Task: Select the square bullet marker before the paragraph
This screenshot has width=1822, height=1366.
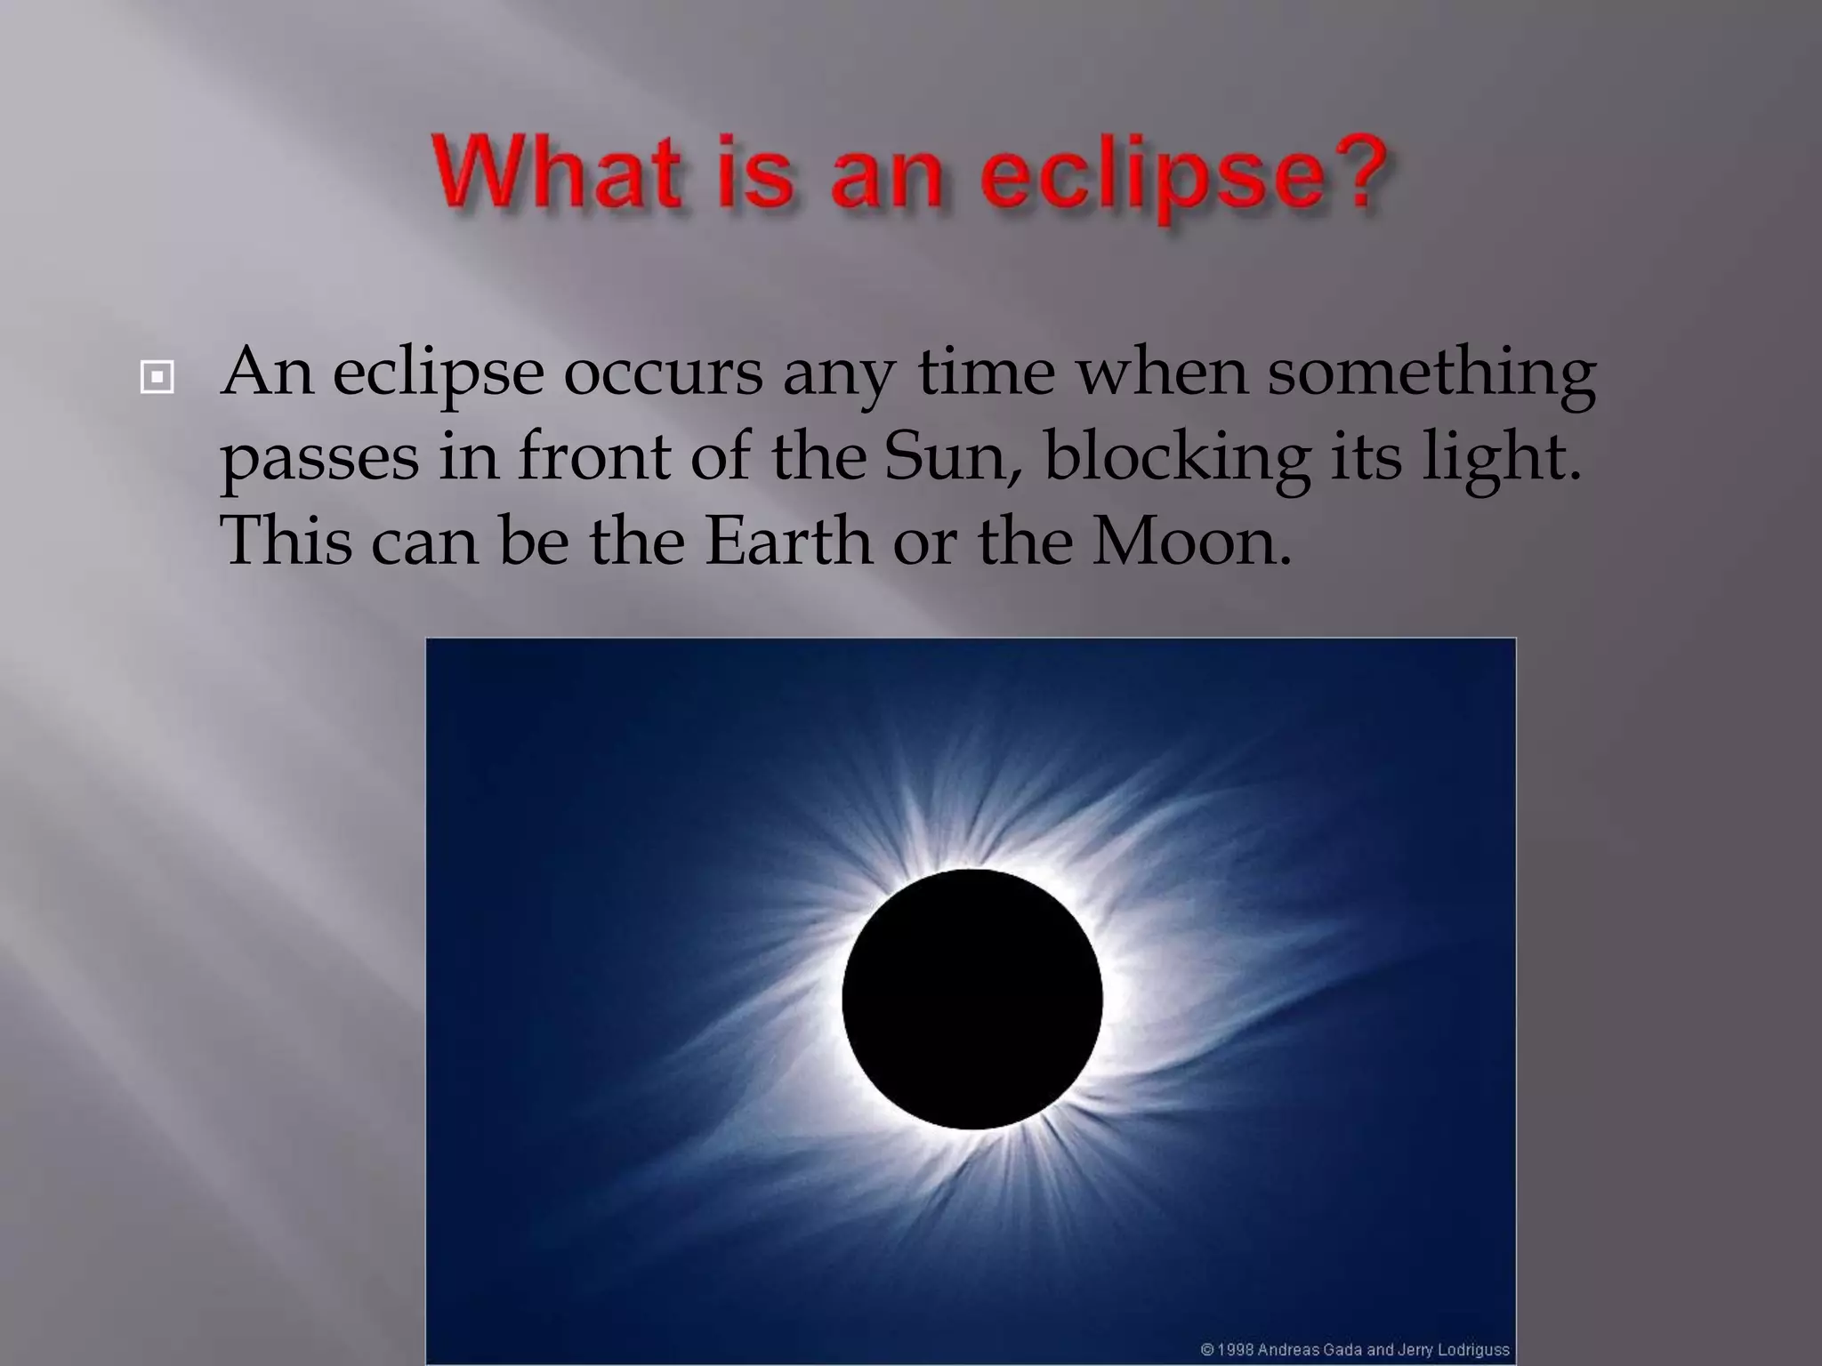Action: click(x=157, y=378)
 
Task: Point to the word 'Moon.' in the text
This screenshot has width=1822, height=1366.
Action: click(x=1191, y=542)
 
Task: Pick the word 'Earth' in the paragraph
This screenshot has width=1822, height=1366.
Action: click(x=788, y=542)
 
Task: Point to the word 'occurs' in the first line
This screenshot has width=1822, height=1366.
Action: click(x=663, y=374)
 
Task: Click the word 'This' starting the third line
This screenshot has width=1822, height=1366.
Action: click(x=286, y=542)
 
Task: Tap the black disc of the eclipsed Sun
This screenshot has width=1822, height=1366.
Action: click(x=971, y=999)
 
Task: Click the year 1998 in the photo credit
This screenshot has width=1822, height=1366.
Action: click(x=1236, y=1350)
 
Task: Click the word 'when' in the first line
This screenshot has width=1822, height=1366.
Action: click(x=1161, y=374)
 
